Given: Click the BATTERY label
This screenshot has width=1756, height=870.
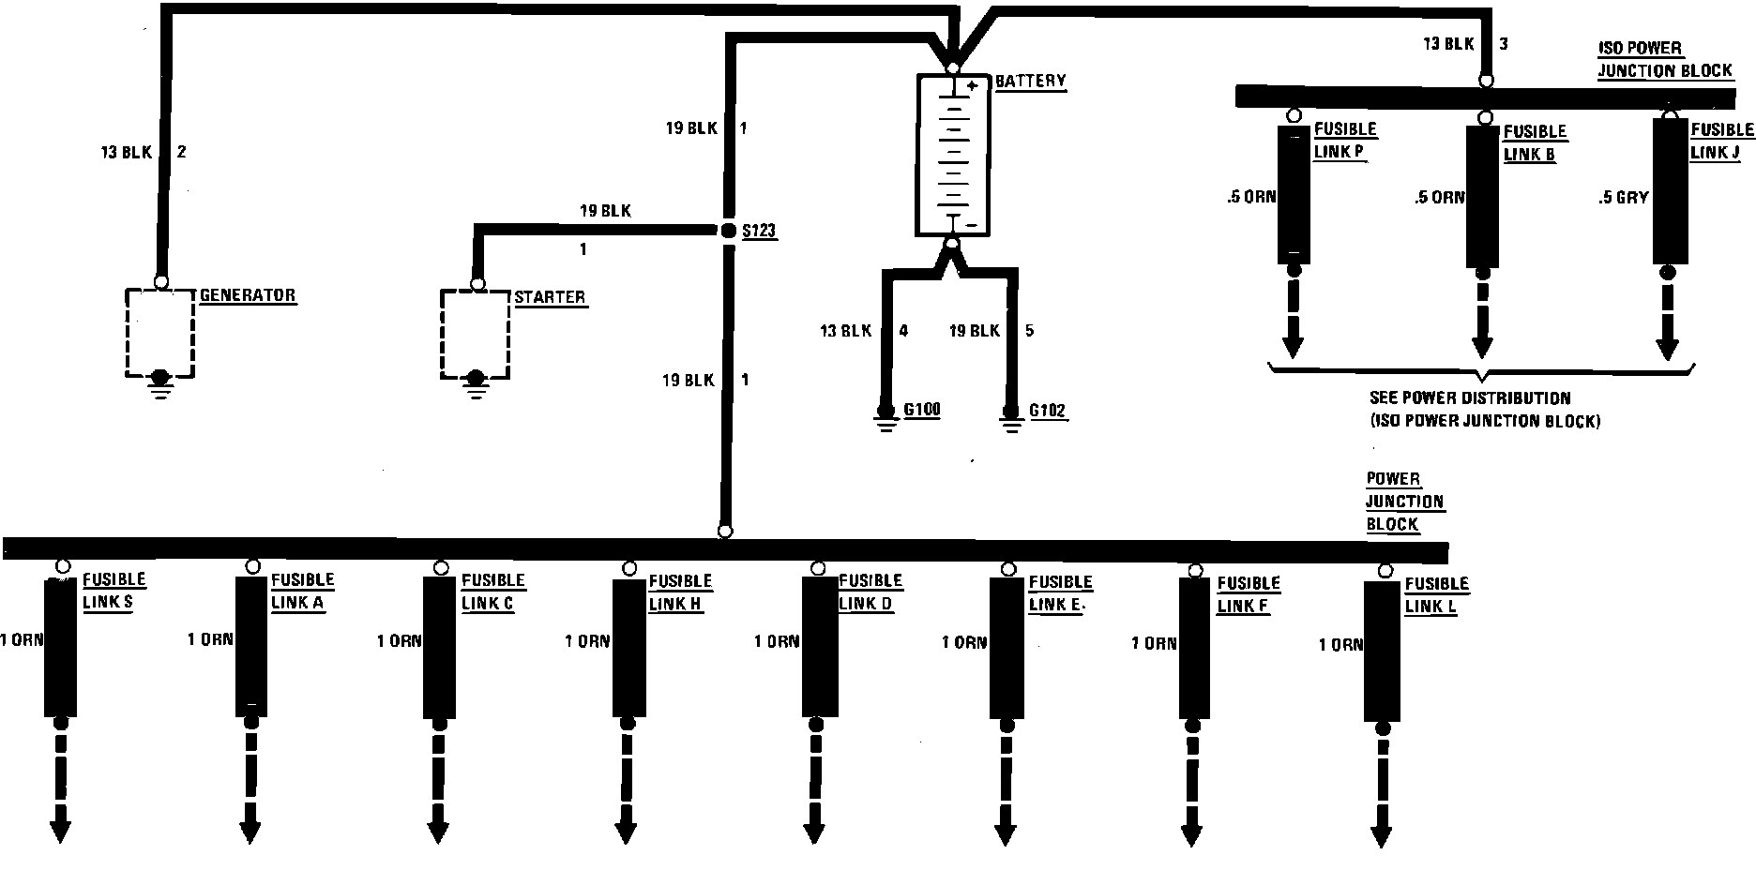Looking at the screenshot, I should [1030, 82].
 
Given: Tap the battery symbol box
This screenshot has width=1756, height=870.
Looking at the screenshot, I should [952, 155].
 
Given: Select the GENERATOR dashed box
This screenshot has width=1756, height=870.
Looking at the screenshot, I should [160, 332].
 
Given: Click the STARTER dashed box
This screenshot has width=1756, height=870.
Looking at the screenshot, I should [476, 334].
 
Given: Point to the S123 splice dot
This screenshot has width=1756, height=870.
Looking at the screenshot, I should [727, 230].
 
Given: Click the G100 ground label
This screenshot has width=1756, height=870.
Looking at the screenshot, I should [921, 410].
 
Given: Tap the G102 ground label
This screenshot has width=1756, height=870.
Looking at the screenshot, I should [1048, 411].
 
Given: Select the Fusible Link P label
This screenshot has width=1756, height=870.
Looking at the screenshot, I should [1344, 141].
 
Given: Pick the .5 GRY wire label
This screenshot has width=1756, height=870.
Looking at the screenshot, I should [1624, 198].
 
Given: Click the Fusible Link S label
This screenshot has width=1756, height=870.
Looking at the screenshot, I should [114, 592].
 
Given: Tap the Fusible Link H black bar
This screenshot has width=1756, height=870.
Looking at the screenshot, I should [629, 647].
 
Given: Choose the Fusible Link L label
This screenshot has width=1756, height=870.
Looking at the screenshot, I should [1435, 594].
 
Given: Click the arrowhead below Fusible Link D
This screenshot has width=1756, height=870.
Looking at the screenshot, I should [815, 832].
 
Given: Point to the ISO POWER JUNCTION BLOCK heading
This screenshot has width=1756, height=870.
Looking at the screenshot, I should [1664, 59].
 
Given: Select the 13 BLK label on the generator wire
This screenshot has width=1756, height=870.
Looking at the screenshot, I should [126, 152].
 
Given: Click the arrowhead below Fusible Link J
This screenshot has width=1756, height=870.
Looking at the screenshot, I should [1667, 349].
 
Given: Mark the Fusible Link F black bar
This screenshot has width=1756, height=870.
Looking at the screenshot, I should [1194, 648].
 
